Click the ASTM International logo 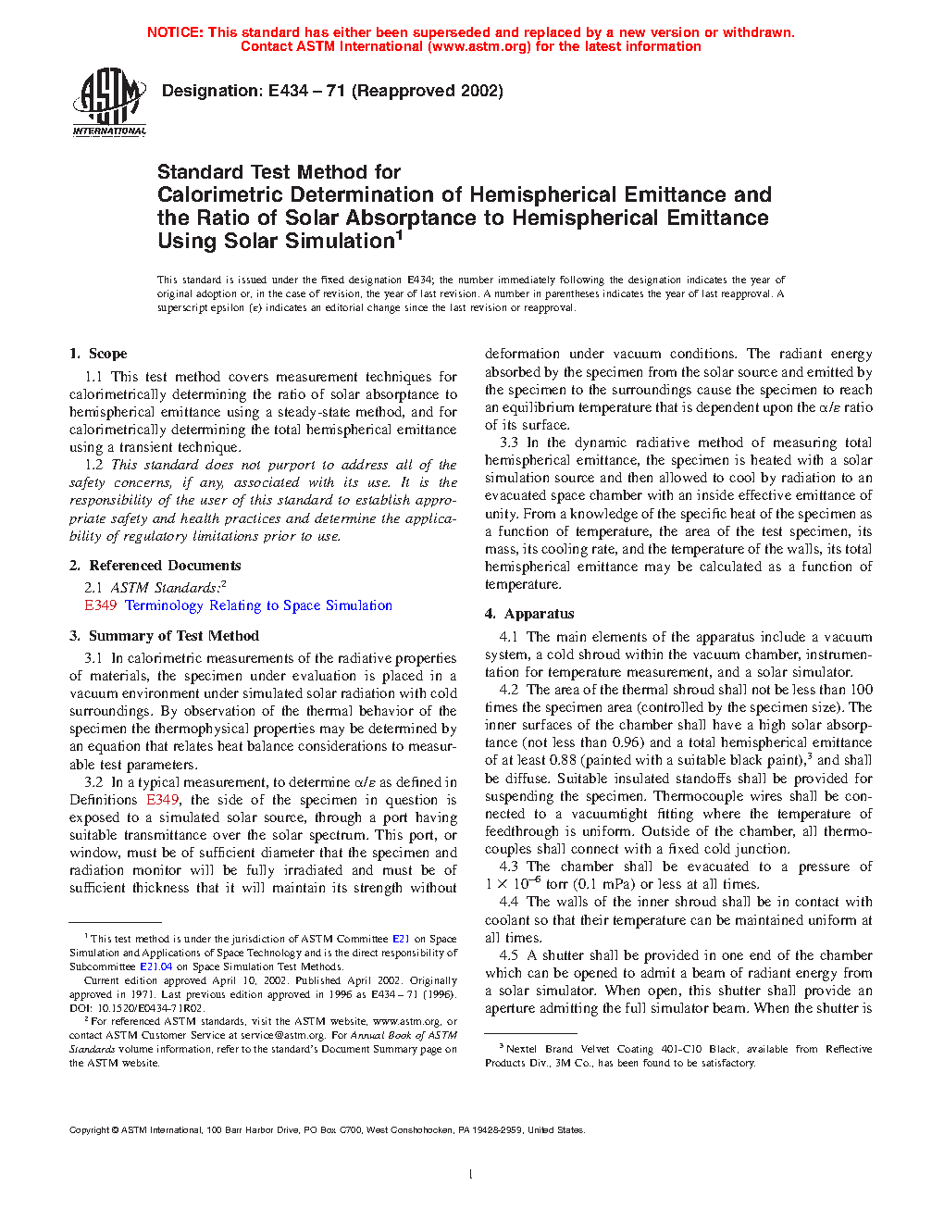point(109,102)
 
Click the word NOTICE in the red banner point(175,32)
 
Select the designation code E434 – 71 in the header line point(306,91)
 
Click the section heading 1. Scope point(98,354)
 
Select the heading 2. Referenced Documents point(155,566)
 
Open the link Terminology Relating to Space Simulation point(258,605)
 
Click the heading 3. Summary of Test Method point(165,636)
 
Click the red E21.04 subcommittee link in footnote point(155,966)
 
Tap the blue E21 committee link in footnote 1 point(401,939)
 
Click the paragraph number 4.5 point(509,955)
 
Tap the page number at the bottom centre point(471,1175)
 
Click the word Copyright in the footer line point(90,1129)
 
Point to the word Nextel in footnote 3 point(521,1049)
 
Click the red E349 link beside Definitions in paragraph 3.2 point(162,800)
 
